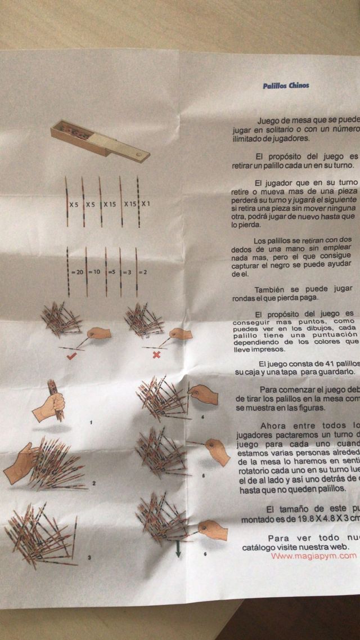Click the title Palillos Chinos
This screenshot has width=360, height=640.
286,86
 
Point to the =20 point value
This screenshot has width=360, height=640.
76,272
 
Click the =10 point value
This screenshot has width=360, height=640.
94,272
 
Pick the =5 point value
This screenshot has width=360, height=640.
111,272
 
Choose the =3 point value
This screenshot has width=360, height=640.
128,272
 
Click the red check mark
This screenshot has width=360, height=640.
71,356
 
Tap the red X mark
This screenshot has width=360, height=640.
156,355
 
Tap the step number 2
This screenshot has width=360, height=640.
94,483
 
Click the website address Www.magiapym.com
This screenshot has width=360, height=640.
313,556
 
